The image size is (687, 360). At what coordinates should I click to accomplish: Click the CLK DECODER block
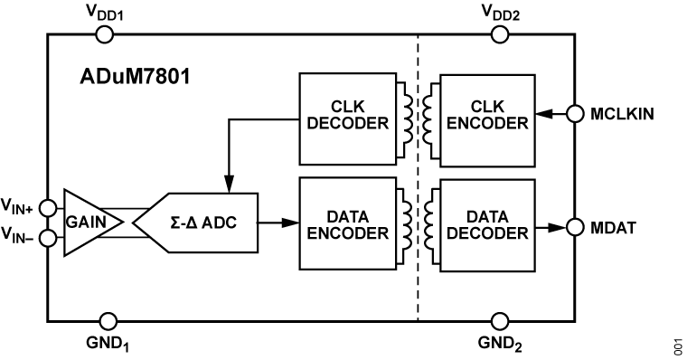coord(347,118)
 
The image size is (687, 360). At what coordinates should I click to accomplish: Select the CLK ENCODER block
coord(487,120)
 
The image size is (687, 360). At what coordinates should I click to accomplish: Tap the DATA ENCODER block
coord(347,223)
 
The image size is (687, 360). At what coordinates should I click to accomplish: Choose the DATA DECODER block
coord(487,225)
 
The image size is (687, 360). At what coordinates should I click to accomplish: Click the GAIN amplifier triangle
coord(88,223)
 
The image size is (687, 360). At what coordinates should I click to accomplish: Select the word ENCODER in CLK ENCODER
coord(487,124)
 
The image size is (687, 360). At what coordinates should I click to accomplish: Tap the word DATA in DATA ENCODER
coord(347,217)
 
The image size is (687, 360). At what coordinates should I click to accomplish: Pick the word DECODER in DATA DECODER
coord(487,233)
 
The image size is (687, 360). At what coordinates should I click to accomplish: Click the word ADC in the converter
coord(219,223)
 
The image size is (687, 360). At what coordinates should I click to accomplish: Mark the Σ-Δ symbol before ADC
coord(184,223)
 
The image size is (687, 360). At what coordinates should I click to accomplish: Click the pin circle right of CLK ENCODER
coord(575,114)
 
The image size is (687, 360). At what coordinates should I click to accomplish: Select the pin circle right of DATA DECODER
coord(575,226)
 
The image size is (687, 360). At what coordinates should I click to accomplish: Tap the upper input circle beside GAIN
coord(49,208)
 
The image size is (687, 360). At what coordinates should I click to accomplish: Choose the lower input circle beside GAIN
coord(49,239)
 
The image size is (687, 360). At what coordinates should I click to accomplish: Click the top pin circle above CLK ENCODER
coord(500,35)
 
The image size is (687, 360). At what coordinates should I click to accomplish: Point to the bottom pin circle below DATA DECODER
coord(500,321)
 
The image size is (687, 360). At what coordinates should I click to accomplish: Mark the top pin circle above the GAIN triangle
coord(105,35)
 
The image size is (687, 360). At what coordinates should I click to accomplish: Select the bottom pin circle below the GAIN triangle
coord(108,321)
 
